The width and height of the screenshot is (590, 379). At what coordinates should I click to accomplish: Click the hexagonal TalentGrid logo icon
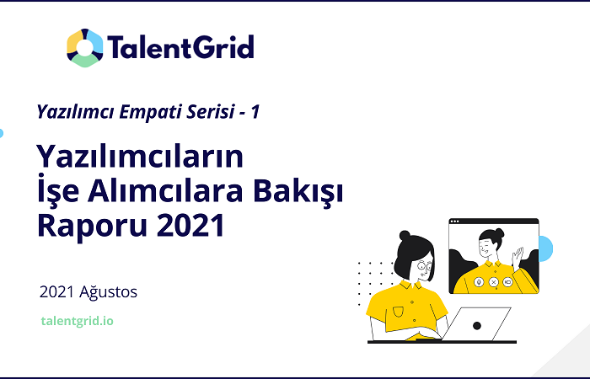click(84, 48)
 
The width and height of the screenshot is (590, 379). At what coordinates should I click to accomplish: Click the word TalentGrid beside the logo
click(180, 47)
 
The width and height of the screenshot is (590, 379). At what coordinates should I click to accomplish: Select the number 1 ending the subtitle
click(255, 112)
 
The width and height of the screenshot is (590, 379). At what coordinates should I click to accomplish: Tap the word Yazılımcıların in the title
click(140, 157)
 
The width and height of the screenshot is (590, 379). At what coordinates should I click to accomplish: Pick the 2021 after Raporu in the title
click(190, 225)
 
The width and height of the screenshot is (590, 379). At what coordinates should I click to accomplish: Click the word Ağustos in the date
click(109, 292)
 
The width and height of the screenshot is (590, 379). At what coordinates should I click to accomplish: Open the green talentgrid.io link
click(78, 321)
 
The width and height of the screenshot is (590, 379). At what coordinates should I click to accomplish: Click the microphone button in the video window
click(479, 281)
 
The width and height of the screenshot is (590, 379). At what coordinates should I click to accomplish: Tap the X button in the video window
click(494, 281)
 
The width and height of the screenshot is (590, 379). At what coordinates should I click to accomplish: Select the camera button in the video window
click(508, 281)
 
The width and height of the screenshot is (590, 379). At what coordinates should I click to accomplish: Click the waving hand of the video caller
click(518, 257)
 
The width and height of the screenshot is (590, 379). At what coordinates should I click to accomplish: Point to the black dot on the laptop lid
click(477, 326)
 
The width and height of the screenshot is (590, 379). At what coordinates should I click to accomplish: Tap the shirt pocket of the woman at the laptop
click(398, 312)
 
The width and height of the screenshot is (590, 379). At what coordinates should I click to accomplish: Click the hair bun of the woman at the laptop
click(405, 236)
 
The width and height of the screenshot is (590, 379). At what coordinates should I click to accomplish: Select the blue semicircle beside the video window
click(545, 248)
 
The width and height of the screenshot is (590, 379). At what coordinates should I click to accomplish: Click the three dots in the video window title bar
click(454, 221)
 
